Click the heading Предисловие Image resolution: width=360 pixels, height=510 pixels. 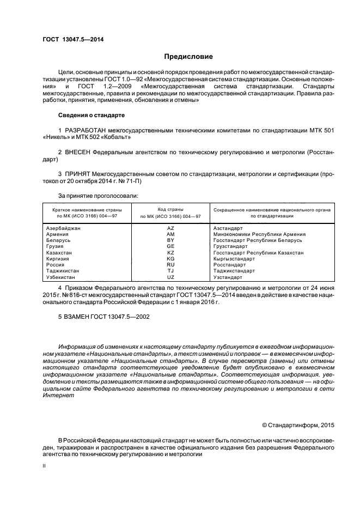188,57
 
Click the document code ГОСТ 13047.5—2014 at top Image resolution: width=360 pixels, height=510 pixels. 74,39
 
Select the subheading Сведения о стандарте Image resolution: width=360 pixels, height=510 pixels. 91,116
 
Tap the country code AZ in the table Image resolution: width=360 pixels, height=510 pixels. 170,228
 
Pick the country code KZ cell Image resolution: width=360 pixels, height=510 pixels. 170,253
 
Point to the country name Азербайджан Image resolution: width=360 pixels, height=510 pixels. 64,228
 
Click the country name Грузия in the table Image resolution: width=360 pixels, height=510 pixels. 57,246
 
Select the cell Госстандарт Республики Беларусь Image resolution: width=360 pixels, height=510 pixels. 258,240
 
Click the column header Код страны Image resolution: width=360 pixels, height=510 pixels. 170,209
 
